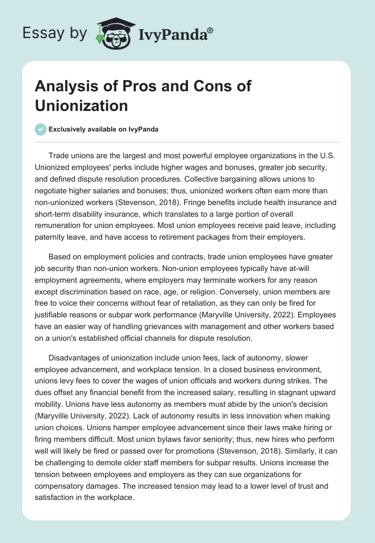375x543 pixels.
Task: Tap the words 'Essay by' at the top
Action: [54, 33]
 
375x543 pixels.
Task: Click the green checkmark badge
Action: [41, 129]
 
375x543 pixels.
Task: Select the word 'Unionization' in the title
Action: [82, 105]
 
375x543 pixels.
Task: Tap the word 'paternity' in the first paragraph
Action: [53, 236]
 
